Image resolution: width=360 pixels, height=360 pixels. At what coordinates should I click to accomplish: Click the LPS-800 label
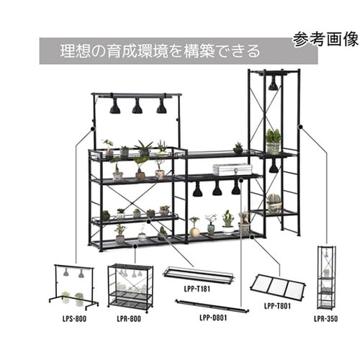click(x=74, y=319)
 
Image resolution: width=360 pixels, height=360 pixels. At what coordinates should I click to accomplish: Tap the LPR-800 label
click(x=129, y=319)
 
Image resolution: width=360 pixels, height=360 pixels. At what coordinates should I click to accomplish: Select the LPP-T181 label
click(x=197, y=289)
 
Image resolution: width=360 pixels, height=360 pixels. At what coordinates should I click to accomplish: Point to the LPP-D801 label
click(x=213, y=318)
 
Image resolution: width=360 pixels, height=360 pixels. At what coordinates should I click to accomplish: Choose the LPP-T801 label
click(x=277, y=306)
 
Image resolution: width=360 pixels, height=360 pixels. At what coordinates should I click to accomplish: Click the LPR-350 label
click(x=326, y=319)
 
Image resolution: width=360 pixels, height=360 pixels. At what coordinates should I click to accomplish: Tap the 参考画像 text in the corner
click(x=325, y=39)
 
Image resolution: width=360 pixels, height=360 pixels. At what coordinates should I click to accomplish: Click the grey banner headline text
click(x=160, y=51)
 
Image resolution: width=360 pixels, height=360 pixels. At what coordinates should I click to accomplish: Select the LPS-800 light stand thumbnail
click(x=74, y=287)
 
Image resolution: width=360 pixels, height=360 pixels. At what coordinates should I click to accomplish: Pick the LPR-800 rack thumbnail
click(x=130, y=286)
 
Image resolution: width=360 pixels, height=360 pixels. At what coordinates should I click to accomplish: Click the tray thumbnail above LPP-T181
click(x=199, y=275)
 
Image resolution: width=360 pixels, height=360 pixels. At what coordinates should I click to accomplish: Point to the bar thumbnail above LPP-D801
click(x=212, y=306)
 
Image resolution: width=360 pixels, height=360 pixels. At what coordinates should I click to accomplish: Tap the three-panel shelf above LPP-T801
click(x=278, y=287)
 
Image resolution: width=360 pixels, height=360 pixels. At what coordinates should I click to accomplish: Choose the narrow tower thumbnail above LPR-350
click(x=326, y=277)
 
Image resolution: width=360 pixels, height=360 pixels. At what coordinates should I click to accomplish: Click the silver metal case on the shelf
click(x=233, y=169)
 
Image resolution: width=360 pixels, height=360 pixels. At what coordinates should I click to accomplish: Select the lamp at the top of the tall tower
click(x=273, y=83)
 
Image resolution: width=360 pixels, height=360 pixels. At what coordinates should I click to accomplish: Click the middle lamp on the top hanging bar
click(x=137, y=106)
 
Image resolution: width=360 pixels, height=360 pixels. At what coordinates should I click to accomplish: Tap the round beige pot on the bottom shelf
click(x=194, y=232)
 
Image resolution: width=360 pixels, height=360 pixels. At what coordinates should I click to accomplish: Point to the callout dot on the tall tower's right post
click(x=300, y=127)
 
